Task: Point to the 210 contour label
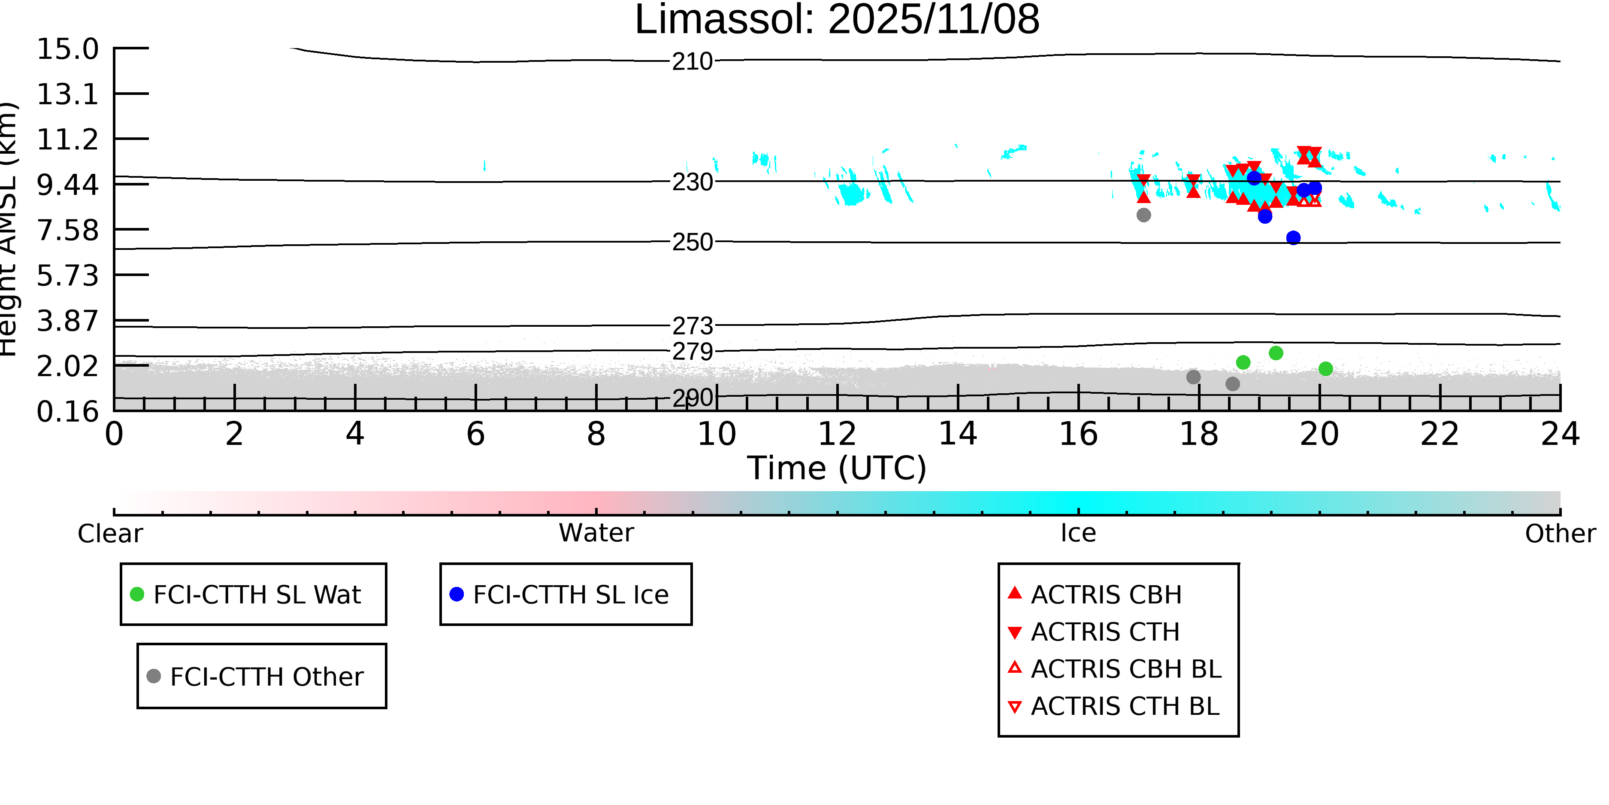(x=692, y=62)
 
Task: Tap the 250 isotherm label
(x=692, y=242)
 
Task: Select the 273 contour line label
(x=692, y=325)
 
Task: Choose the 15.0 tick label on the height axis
(x=67, y=49)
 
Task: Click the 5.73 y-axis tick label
(x=67, y=276)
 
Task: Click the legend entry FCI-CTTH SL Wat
(x=257, y=594)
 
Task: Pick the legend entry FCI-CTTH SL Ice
(x=570, y=594)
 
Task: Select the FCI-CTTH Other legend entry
(x=266, y=676)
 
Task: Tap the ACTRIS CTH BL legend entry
(x=1124, y=706)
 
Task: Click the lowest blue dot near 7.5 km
(x=1293, y=237)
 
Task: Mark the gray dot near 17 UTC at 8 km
(x=1143, y=215)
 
